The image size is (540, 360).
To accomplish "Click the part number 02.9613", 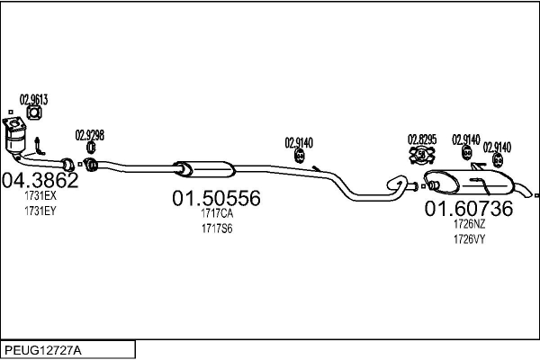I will tap(33, 99).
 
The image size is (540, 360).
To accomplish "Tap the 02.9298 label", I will tap(90, 135).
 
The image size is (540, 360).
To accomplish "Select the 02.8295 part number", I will tap(422, 139).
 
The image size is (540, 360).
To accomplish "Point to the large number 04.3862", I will tap(40, 179).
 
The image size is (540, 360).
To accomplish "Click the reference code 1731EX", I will tap(40, 195).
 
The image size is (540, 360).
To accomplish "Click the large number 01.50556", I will tap(216, 198).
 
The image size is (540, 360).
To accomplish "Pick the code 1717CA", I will tap(216, 214).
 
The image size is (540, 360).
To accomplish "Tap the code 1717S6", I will tap(216, 229).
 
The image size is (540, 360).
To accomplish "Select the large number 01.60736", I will tap(469, 209).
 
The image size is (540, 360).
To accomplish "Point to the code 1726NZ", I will tap(469, 225).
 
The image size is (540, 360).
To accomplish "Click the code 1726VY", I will tap(469, 239).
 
